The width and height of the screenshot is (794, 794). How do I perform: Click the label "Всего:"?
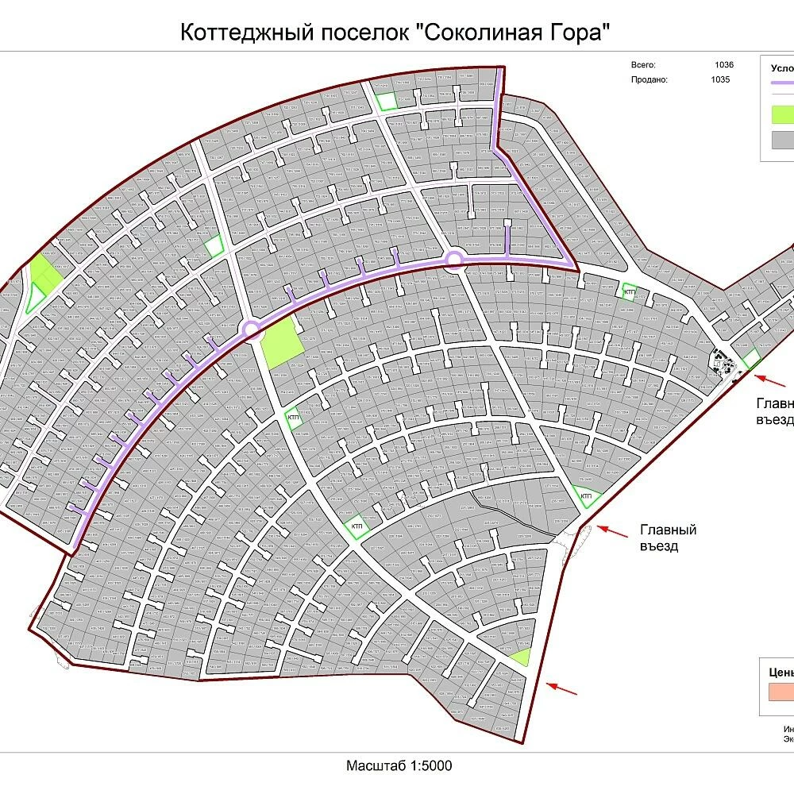click(x=643, y=65)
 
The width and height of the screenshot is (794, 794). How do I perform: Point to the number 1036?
click(x=723, y=65)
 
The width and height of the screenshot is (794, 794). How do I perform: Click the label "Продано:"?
click(x=649, y=79)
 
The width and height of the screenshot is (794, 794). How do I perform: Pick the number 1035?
click(x=720, y=79)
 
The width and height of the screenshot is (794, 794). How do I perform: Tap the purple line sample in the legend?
click(x=783, y=82)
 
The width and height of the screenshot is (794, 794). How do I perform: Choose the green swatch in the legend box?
click(x=783, y=114)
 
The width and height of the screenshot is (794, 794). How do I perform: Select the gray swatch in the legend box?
click(x=783, y=140)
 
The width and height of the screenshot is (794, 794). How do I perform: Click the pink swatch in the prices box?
click(x=781, y=692)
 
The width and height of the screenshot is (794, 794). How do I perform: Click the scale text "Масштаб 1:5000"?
click(x=399, y=766)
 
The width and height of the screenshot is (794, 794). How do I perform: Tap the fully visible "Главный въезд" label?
click(x=668, y=538)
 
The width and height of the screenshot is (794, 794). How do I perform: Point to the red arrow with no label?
click(x=562, y=687)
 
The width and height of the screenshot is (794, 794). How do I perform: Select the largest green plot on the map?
click(x=283, y=347)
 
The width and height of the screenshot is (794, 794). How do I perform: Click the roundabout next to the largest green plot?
click(x=251, y=328)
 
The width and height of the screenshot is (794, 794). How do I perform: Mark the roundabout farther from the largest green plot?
click(x=454, y=259)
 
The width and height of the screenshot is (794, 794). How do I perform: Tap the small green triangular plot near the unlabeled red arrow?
click(x=521, y=657)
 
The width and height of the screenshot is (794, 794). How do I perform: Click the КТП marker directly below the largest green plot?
click(x=293, y=418)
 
